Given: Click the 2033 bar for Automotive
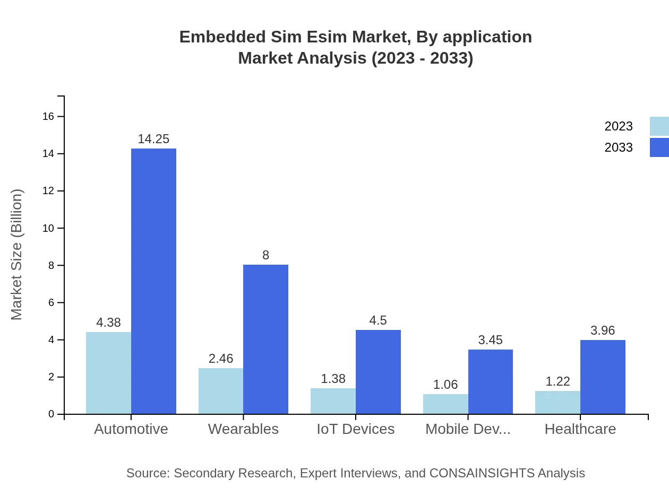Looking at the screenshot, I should [x=153, y=281].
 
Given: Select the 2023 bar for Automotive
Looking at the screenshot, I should [x=108, y=373].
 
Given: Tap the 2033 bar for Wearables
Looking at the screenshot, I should [x=265, y=339].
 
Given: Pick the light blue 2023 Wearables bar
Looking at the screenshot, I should [x=221, y=391].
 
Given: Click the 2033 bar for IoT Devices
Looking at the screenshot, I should [x=378, y=372].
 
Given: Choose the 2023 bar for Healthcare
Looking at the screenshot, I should [x=557, y=403].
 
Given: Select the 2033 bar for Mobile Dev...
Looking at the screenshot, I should [x=491, y=382].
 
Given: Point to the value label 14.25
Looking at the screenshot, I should [x=153, y=139].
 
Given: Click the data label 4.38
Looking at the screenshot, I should [x=108, y=323].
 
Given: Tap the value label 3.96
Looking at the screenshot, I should [x=603, y=330].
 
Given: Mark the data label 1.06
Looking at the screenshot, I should [x=445, y=385].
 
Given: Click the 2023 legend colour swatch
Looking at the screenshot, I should [x=659, y=126].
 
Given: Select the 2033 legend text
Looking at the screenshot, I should [x=619, y=147].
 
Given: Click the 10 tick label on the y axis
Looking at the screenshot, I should [x=48, y=228].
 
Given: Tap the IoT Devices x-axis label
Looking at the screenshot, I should [x=356, y=429].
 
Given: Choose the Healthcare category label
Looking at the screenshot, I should [x=580, y=429].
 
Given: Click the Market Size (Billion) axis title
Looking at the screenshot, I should [x=17, y=255].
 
